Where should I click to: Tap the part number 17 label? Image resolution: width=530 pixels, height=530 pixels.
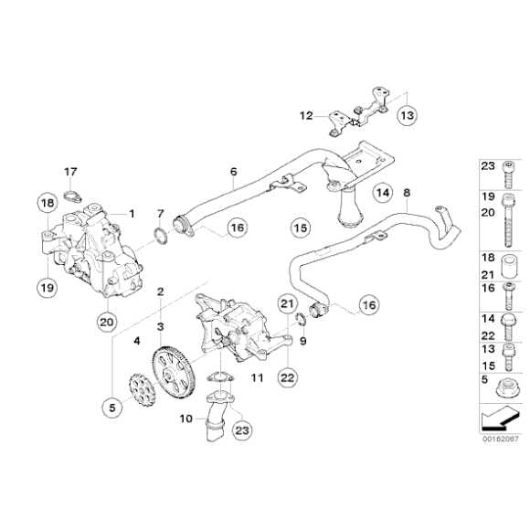coord(70,171)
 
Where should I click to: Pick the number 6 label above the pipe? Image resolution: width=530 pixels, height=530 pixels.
coord(232,172)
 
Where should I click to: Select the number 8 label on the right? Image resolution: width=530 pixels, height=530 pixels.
coord(407,192)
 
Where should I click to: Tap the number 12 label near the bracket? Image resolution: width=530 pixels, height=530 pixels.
coord(304,340)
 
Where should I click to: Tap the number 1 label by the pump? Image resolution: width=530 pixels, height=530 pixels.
coord(132,213)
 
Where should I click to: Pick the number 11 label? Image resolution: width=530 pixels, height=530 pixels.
coord(257,376)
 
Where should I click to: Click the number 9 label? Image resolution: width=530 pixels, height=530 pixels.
coord(304,340)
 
